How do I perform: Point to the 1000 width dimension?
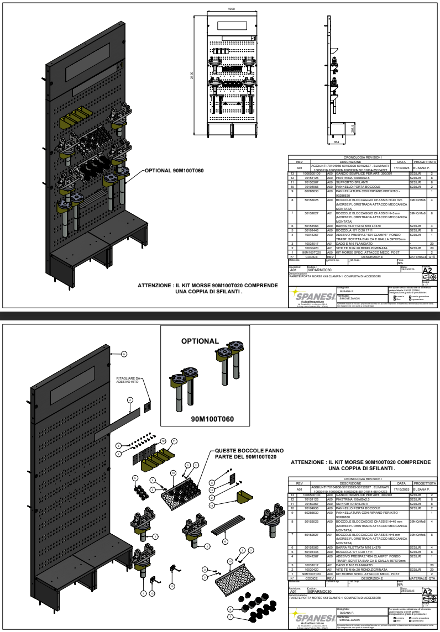231,9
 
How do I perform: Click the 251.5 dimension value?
353,128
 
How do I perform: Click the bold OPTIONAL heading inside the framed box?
200,341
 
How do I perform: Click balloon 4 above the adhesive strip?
129,399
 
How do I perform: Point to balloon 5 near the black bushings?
135,477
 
